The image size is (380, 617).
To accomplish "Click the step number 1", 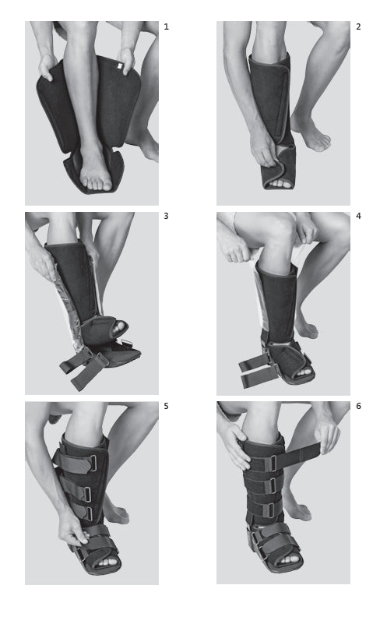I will click(166, 26).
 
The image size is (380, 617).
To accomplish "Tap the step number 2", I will click(358, 26).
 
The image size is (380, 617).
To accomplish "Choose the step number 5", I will click(166, 406).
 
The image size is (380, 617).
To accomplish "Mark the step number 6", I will click(358, 406).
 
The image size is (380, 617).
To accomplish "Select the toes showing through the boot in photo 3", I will click(118, 330).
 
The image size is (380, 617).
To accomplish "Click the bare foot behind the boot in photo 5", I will click(117, 512).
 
